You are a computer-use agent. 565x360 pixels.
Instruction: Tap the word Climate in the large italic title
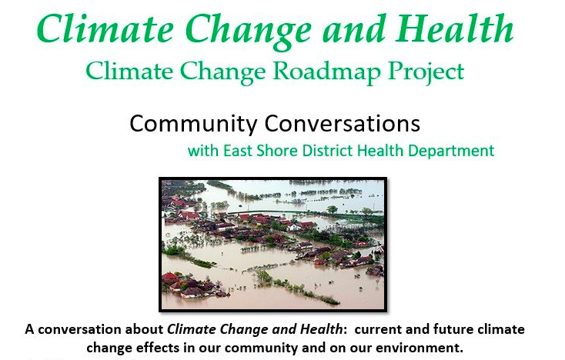[96, 29]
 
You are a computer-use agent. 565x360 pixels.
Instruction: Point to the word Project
[422, 72]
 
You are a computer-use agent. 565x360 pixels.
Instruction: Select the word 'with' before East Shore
[202, 150]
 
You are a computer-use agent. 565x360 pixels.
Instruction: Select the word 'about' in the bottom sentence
[146, 329]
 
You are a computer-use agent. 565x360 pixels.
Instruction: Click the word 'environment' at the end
[423, 348]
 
